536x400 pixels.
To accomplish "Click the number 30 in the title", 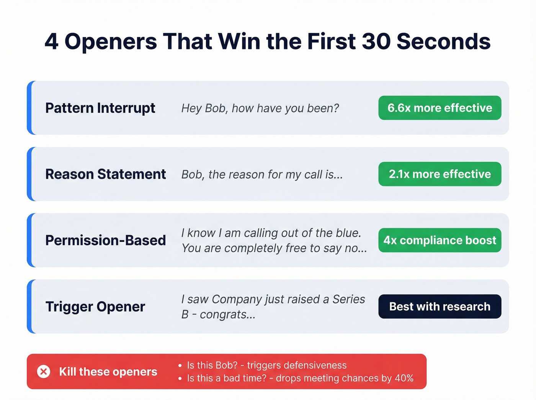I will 376,41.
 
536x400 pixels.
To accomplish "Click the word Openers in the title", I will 111,41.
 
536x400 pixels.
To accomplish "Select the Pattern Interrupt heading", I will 100,108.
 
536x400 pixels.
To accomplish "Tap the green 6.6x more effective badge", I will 440,108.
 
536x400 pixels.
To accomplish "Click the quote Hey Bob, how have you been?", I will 260,108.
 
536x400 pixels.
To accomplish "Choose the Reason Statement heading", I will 105,174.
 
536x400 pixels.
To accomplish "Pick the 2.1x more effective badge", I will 440,174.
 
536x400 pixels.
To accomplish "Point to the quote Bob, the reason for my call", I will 262,175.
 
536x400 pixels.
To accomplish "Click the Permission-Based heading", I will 105,240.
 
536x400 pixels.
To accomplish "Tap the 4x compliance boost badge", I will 440,240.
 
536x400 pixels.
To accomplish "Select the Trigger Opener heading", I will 95,307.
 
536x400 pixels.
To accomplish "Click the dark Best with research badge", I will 440,307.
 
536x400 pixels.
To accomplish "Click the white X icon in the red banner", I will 44,371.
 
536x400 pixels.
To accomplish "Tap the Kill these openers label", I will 108,372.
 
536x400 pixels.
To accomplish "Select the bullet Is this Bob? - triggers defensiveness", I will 266,365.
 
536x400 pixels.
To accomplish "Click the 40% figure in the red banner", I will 404,378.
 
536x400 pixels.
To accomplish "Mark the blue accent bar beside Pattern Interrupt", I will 29,108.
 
